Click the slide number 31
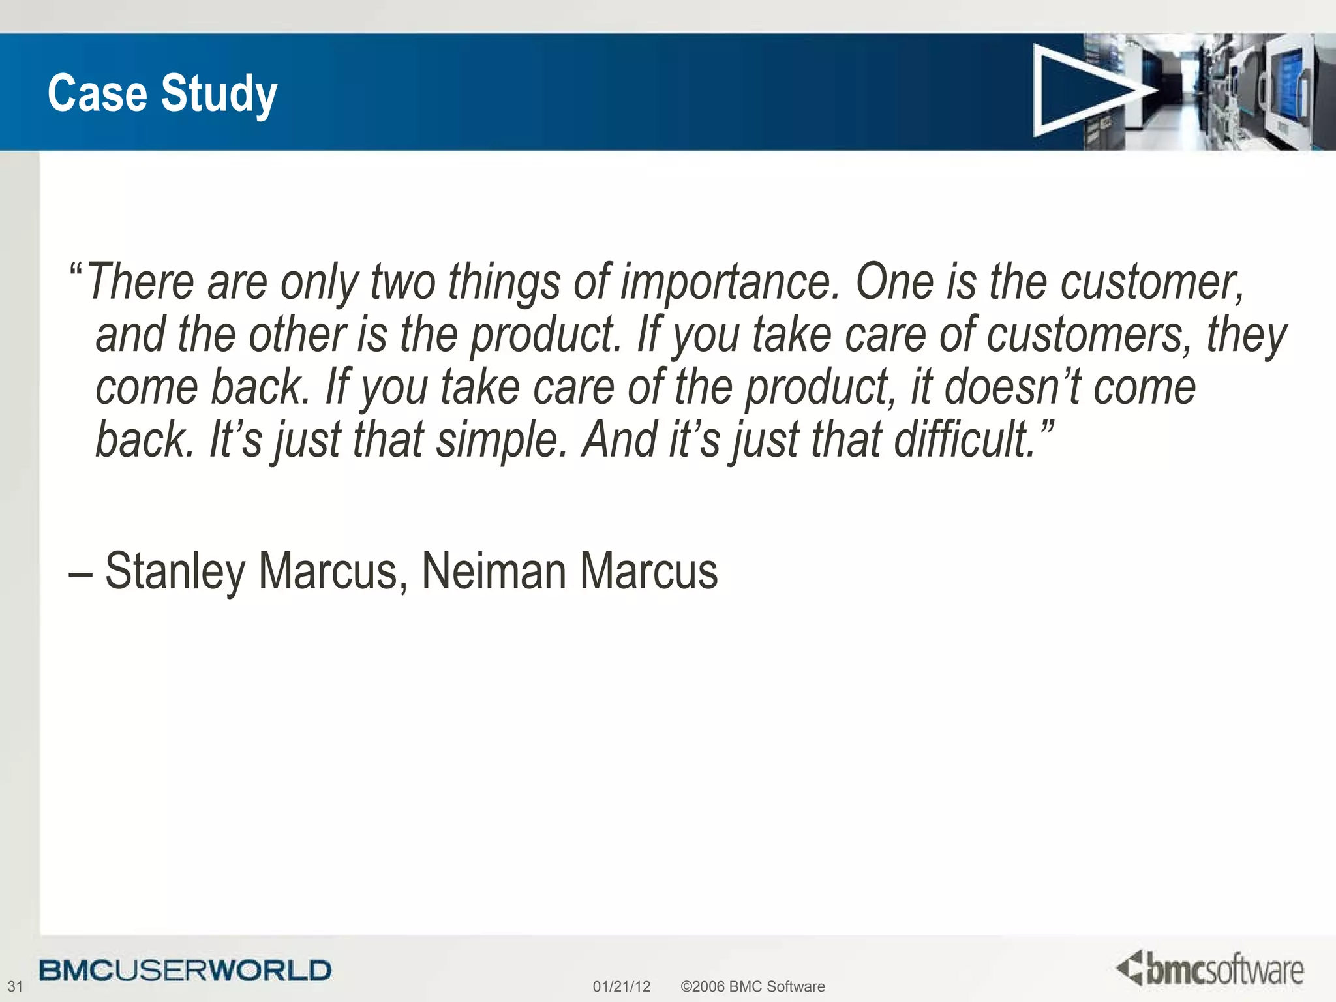click(14, 986)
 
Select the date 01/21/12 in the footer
click(621, 986)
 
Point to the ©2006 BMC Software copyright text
click(752, 986)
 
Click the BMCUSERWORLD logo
click(185, 970)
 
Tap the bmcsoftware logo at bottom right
click(1210, 969)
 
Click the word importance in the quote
click(730, 283)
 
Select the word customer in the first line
click(1151, 283)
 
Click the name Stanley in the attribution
click(175, 571)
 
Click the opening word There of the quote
click(140, 283)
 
